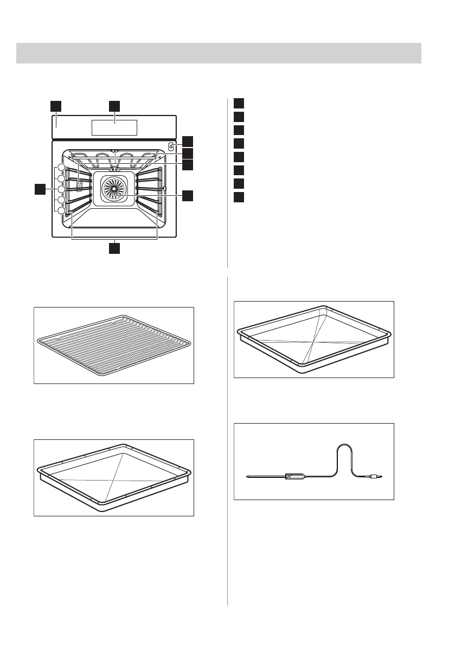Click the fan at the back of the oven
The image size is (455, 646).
pyautogui.click(x=114, y=188)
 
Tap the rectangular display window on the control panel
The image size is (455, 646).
pyautogui.click(x=114, y=128)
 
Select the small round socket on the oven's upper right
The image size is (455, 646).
pyautogui.click(x=171, y=146)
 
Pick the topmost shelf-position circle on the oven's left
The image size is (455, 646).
pyautogui.click(x=61, y=168)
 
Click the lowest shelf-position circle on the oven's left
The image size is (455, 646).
pyautogui.click(x=61, y=210)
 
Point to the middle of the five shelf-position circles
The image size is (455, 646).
pyautogui.click(x=61, y=189)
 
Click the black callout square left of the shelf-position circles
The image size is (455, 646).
pyautogui.click(x=39, y=189)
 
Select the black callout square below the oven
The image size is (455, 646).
pyautogui.click(x=114, y=248)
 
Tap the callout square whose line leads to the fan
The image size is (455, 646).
pyautogui.click(x=187, y=196)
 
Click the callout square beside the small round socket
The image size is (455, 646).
pyautogui.click(x=187, y=141)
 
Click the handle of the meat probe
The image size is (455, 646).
pyautogui.click(x=295, y=477)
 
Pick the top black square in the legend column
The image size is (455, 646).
pyautogui.click(x=239, y=103)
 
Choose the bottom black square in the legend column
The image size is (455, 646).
pyautogui.click(x=239, y=196)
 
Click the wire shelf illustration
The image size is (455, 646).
pyautogui.click(x=114, y=345)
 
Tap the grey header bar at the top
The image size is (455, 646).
pyautogui.click(x=219, y=53)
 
